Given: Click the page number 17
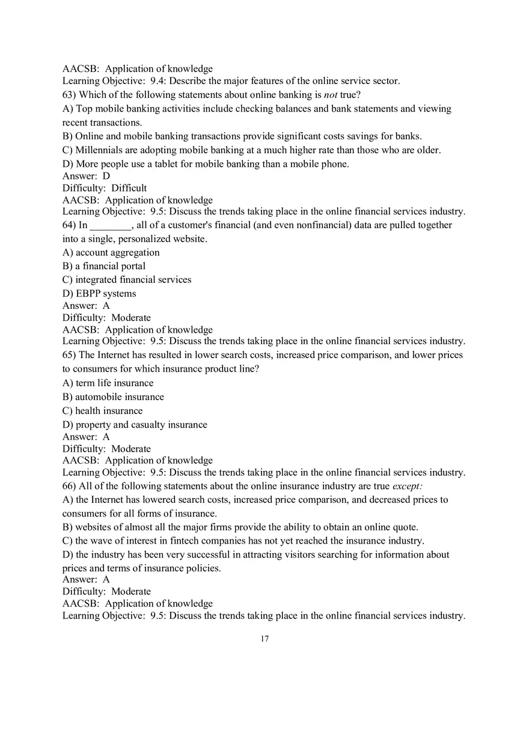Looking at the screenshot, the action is (x=264, y=638).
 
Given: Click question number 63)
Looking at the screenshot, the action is (x=69, y=95).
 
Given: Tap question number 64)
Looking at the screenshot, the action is (x=69, y=225).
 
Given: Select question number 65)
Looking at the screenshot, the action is (x=69, y=355).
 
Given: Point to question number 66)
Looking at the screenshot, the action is (x=69, y=486).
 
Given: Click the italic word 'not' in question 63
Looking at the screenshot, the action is (x=330, y=95).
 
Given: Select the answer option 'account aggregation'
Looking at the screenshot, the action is (x=117, y=253).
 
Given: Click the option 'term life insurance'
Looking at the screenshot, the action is (x=114, y=383).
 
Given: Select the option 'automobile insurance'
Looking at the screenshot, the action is (x=119, y=397).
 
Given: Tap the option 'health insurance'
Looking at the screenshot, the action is (x=109, y=411).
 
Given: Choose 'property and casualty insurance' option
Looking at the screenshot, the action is (x=141, y=425).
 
